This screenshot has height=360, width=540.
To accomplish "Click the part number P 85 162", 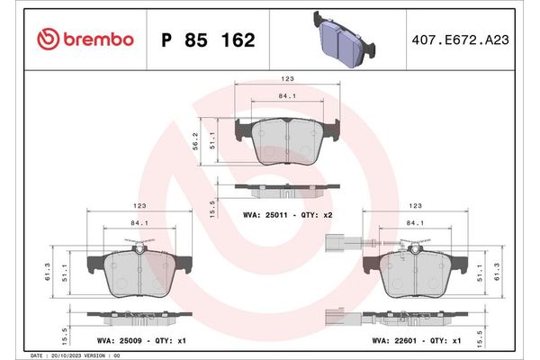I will [206, 40].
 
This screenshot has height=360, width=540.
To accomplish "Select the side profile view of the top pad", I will [286, 188].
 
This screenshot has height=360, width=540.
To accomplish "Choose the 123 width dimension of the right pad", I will [415, 206].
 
